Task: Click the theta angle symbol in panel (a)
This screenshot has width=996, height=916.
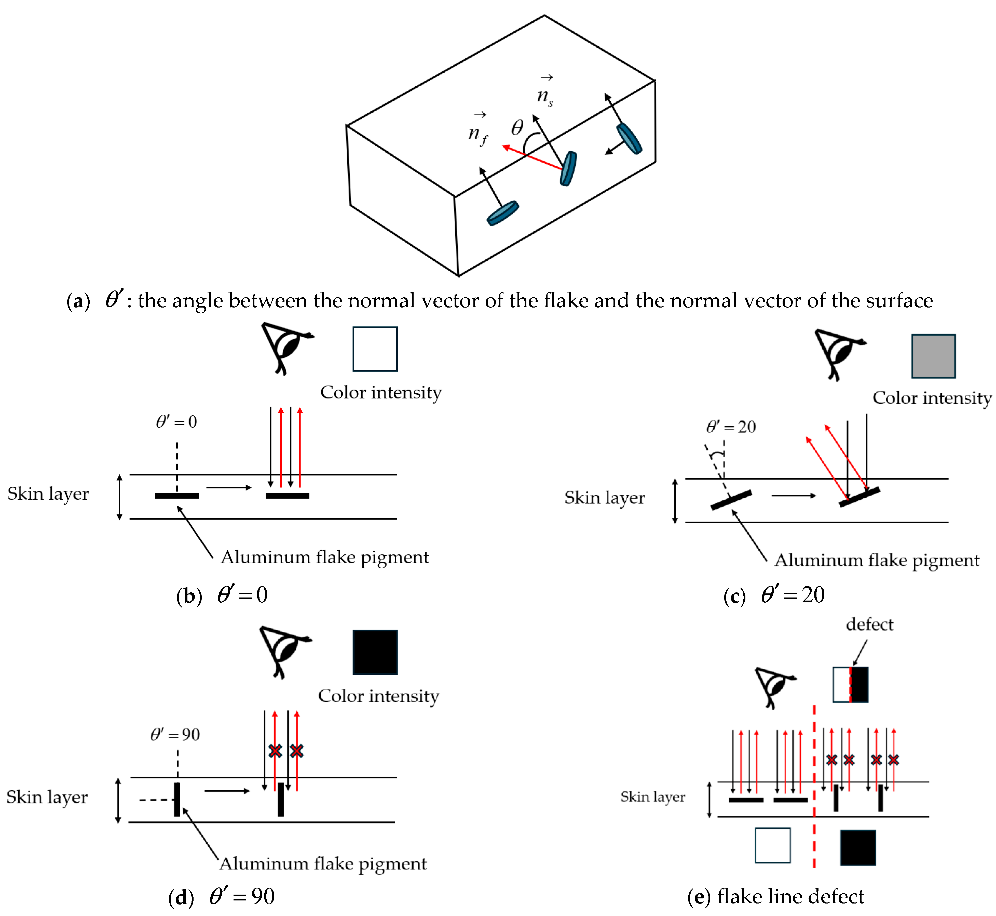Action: pos(517,128)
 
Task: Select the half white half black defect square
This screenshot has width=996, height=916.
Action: pos(850,685)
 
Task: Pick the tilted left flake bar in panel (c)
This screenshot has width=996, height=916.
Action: pos(731,500)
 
